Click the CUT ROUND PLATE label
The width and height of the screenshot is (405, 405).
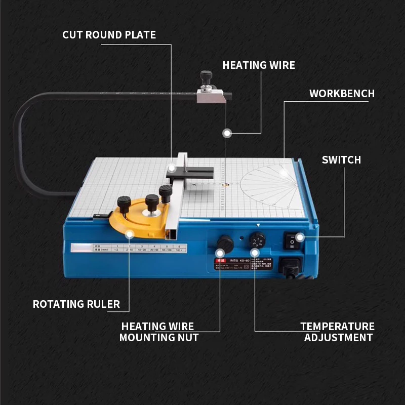(109, 35)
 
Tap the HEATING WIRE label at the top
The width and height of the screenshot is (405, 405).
(259, 65)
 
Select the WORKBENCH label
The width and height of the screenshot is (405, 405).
(342, 94)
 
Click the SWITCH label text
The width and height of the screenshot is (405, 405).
(341, 160)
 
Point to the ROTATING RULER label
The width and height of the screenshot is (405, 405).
(76, 304)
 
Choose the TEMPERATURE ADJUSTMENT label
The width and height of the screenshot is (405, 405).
(338, 332)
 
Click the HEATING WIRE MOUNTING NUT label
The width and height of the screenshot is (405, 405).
(159, 332)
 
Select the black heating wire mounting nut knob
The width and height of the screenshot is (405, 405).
(224, 243)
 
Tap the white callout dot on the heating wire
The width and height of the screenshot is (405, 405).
(227, 133)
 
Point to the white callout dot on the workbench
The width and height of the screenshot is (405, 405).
(283, 173)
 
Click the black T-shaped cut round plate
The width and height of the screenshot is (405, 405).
(190, 172)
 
